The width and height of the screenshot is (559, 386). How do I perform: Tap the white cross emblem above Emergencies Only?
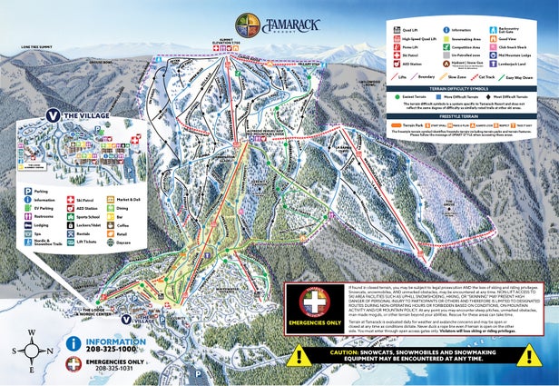click(314, 302)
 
